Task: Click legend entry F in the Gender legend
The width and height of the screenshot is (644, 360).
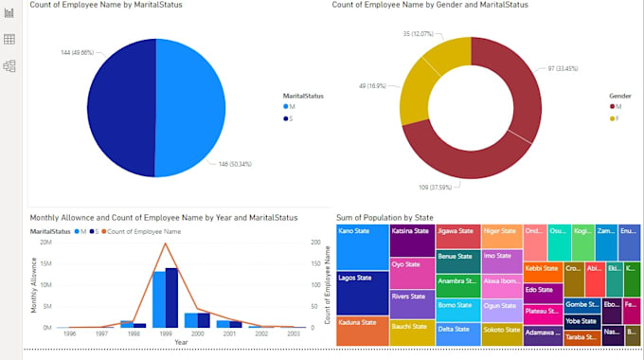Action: coord(615,119)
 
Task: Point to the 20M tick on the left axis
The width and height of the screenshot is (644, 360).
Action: coord(45,243)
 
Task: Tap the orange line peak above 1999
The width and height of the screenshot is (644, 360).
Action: coord(166,243)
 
